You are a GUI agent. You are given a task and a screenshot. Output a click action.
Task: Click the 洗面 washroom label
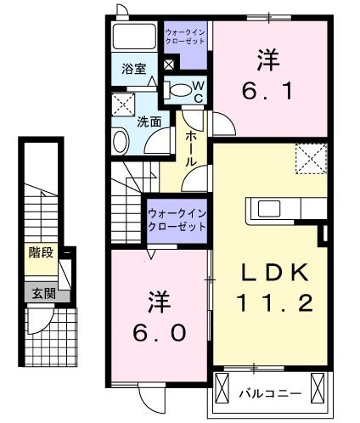click(150, 121)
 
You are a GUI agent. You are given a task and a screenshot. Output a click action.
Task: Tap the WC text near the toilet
click(196, 91)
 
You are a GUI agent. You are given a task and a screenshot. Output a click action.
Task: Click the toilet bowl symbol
click(178, 88)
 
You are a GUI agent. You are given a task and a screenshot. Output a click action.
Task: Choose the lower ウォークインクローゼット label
click(177, 221)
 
